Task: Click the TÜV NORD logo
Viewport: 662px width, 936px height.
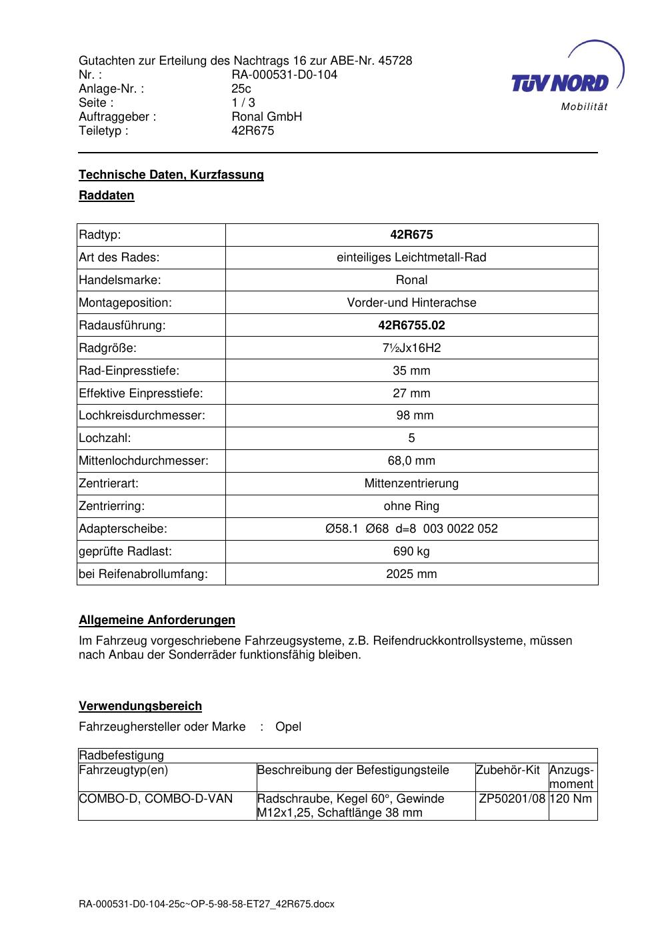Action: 567,79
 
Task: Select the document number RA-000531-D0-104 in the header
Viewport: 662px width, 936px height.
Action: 284,75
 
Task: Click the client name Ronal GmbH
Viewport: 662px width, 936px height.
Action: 267,117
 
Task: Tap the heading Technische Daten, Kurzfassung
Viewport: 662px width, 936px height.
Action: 171,175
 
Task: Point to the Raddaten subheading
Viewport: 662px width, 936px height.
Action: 107,195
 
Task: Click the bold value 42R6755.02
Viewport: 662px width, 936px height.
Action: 411,325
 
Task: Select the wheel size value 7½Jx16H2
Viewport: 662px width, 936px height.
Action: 411,348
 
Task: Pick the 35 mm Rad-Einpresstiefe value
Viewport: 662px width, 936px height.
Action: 411,371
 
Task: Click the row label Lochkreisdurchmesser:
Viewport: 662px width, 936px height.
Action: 142,415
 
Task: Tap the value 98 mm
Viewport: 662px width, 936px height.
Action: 415,415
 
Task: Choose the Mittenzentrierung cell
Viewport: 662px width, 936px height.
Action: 411,483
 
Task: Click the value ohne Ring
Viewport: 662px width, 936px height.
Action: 411,506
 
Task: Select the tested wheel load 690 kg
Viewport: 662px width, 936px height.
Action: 411,551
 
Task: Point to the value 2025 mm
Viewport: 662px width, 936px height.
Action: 411,574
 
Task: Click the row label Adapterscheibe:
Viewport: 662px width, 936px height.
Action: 123,529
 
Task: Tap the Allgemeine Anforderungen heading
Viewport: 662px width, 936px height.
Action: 157,620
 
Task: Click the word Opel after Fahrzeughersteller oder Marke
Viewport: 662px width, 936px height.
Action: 288,727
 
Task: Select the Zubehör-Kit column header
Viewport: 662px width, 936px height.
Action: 508,771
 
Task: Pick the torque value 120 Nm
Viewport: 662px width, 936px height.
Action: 572,799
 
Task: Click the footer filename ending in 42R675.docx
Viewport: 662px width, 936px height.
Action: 207,905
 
